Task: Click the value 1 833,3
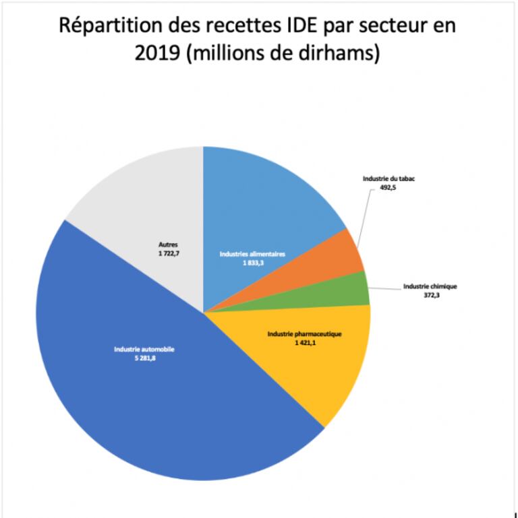(x=253, y=263)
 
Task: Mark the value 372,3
(x=430, y=295)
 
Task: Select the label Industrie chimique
(x=430, y=286)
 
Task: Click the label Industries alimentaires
(x=253, y=254)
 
